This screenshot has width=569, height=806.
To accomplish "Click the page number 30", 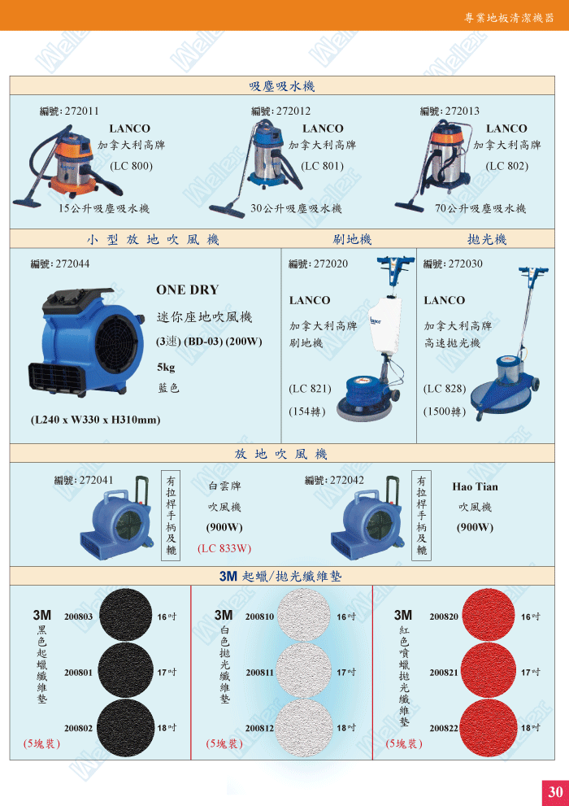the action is click(x=555, y=791).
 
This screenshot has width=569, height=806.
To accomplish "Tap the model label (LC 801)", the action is click(x=322, y=166).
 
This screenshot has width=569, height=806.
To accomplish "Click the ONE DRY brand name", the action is click(x=188, y=290).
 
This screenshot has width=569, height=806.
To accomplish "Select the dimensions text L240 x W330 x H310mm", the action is click(x=96, y=420).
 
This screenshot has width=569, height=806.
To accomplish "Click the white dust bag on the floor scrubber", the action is click(x=384, y=325).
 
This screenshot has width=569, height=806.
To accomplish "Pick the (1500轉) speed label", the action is click(x=445, y=412).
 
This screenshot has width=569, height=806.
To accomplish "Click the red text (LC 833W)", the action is click(x=224, y=548).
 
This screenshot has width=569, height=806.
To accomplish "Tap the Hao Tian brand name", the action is click(x=475, y=487).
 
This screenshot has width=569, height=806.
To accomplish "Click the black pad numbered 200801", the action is click(x=125, y=670).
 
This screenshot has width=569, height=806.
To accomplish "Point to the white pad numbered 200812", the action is click(x=303, y=728).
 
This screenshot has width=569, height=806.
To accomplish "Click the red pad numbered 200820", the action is click(x=489, y=615).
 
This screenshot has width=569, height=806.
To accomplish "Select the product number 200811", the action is click(x=260, y=673).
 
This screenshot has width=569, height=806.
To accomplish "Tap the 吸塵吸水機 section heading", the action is click(x=282, y=86).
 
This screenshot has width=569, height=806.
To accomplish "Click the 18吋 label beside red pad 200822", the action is click(x=531, y=728).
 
